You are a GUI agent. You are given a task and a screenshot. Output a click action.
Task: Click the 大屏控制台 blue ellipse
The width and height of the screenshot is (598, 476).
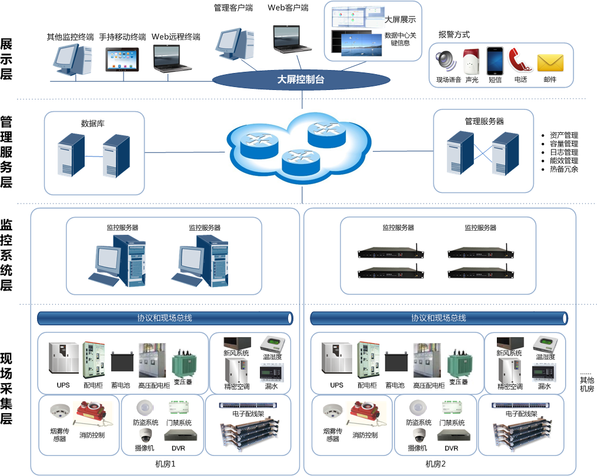tap(300, 79)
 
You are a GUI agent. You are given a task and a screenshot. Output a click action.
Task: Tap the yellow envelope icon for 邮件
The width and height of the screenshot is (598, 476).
tap(550, 62)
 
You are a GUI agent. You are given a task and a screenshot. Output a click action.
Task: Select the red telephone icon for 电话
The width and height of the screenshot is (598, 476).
tap(520, 61)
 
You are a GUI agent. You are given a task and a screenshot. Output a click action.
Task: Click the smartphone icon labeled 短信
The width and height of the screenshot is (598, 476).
tap(495, 60)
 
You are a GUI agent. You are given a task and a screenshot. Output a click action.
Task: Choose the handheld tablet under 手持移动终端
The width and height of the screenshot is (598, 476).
tap(122, 59)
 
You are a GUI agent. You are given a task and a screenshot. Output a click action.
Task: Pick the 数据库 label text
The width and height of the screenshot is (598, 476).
tap(93, 124)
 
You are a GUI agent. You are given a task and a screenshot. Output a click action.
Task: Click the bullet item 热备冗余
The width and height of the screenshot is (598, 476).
tap(564, 169)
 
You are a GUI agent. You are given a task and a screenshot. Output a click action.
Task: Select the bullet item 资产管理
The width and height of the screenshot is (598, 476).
tap(564, 135)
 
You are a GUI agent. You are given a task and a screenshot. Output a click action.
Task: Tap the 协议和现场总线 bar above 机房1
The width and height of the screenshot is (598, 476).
tap(165, 318)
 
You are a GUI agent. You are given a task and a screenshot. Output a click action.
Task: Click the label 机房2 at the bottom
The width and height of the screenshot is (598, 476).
tap(436, 464)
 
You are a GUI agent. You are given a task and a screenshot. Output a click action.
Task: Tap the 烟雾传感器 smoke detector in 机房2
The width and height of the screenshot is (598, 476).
tap(333, 411)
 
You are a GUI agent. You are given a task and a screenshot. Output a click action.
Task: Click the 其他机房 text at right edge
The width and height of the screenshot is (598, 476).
tap(587, 384)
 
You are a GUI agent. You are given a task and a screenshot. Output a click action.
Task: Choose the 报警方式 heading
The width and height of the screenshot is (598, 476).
tap(454, 35)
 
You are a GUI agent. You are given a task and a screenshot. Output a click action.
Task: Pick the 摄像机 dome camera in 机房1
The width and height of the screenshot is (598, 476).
tap(145, 435)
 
